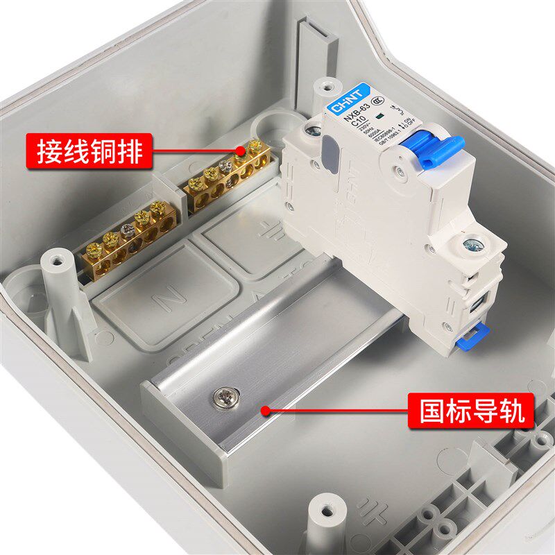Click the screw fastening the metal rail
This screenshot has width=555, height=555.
225,398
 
